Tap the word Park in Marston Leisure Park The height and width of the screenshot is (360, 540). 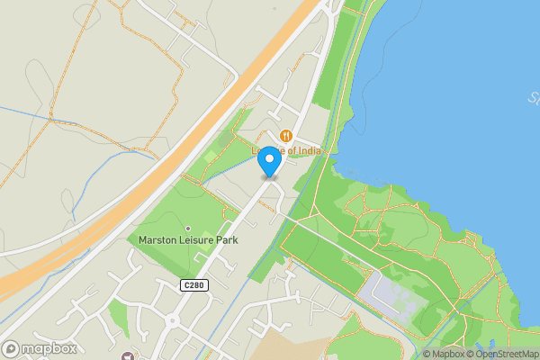click(x=233, y=240)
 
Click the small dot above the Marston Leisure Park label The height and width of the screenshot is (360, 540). click(x=188, y=229)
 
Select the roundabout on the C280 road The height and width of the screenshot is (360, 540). click(x=171, y=320)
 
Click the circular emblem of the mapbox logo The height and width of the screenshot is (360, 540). click(x=11, y=348)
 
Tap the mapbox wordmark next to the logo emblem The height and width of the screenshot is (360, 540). click(x=49, y=348)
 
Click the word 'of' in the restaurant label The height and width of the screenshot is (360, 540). click(x=287, y=149)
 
